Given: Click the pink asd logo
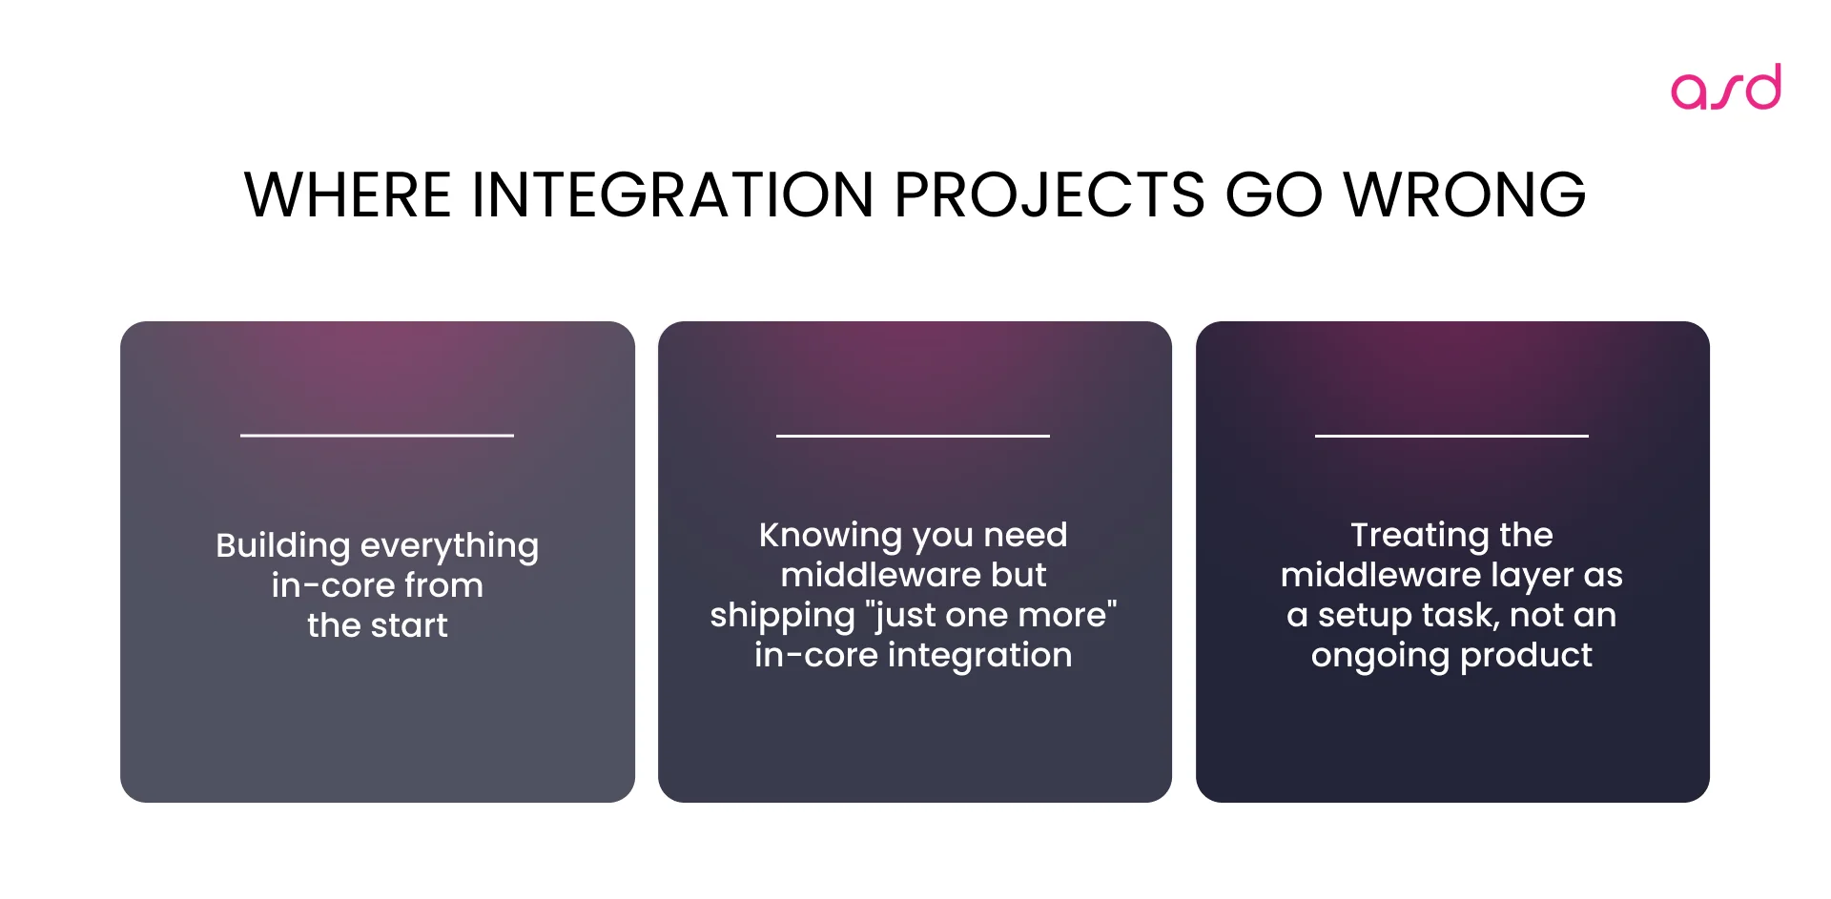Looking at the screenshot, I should coord(1725,87).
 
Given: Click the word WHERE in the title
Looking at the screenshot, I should coord(347,195).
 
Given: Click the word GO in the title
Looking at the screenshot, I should coord(1273,195).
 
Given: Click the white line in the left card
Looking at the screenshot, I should coord(377,436).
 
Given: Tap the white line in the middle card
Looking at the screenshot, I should coord(913,436).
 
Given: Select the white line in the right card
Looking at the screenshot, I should coord(1451,436).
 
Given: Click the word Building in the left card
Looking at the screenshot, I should coord(283,546).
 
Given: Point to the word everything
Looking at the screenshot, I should coord(449,546).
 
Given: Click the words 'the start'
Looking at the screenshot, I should coord(377,625).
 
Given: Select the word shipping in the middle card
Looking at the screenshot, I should coord(782,616).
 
